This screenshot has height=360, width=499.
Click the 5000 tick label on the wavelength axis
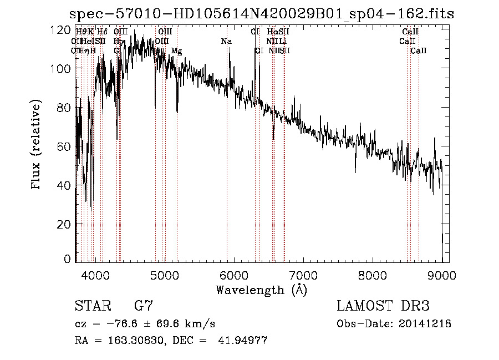point(164,275)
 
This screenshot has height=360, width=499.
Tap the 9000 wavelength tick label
point(442,275)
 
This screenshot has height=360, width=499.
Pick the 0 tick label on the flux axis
point(68,259)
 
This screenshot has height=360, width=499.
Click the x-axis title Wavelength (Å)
point(261,290)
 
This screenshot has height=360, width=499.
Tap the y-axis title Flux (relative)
point(37,145)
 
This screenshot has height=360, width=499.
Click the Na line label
point(226,42)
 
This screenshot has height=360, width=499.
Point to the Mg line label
point(176,51)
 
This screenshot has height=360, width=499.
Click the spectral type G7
point(143,306)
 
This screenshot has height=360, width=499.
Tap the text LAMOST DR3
point(383,306)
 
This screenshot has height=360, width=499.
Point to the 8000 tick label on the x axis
point(372,275)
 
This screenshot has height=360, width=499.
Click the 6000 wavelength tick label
point(233,275)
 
